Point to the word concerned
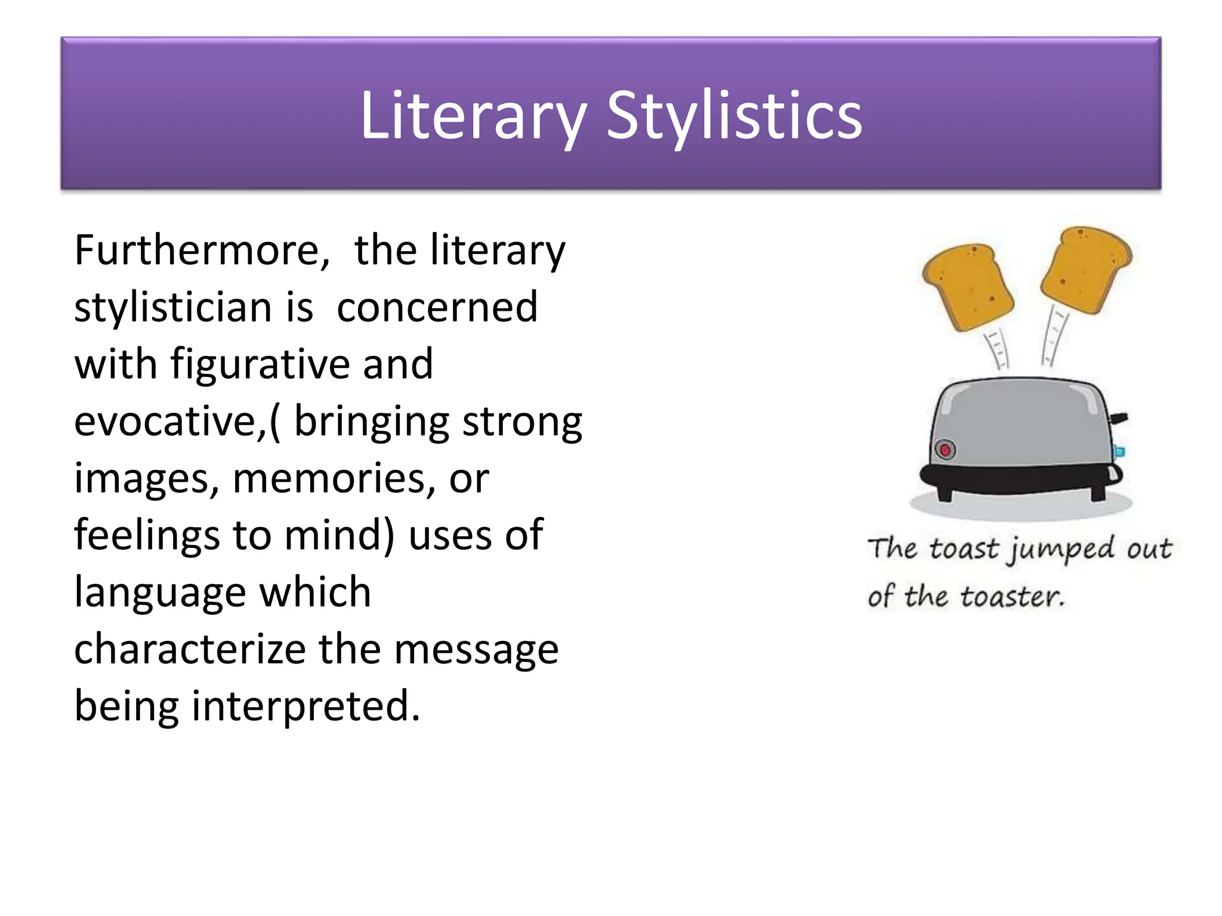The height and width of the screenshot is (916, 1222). click(x=437, y=307)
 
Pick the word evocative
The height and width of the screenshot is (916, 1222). click(x=169, y=421)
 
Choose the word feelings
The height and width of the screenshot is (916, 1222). click(x=147, y=536)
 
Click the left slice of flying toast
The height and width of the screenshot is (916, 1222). click(x=967, y=287)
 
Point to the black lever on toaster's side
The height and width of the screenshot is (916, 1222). click(x=1118, y=418)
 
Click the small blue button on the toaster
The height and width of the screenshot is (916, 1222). click(x=1119, y=451)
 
